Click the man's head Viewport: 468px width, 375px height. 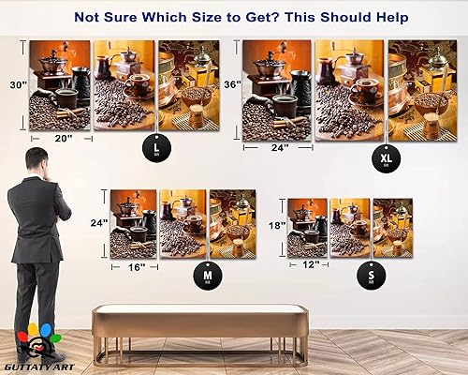pos(37,159)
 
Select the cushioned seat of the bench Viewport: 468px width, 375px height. pos(198,318)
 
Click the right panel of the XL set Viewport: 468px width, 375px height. pos(422,89)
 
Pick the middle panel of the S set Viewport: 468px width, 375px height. pos(350,227)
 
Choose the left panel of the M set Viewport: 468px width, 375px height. pos(133,223)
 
